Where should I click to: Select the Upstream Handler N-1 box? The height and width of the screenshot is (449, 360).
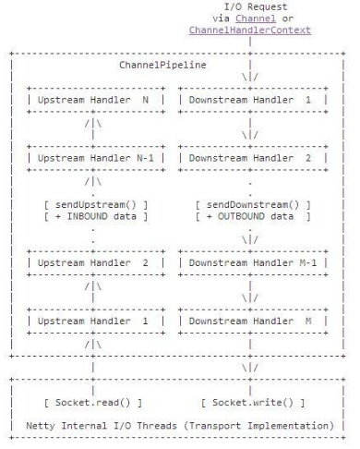96,157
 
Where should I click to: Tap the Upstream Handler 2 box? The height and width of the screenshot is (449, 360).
96,263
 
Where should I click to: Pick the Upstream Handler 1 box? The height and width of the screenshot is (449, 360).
96,321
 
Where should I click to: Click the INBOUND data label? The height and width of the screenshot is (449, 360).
101,216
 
